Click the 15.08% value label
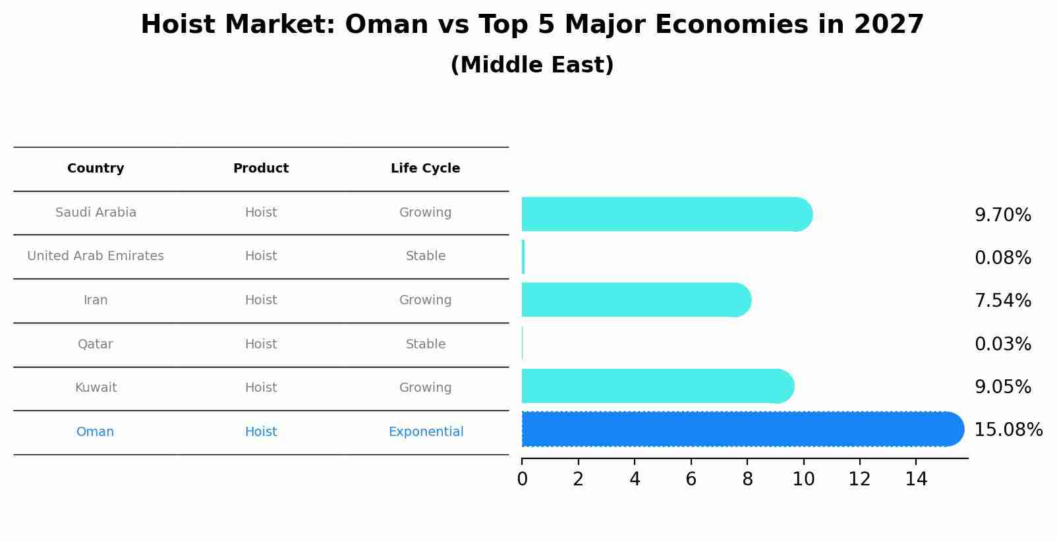(x=1008, y=430)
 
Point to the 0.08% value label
(x=1002, y=258)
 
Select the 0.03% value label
(x=1002, y=344)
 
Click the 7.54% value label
(x=1002, y=301)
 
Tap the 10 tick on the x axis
(x=803, y=479)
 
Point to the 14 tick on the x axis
(x=916, y=479)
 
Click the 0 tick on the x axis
(x=522, y=479)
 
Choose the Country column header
(x=96, y=169)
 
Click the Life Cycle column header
(x=425, y=169)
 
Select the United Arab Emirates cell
(x=96, y=256)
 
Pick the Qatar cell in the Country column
(x=96, y=344)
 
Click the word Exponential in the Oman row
(x=426, y=432)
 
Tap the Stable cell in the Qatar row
(x=426, y=344)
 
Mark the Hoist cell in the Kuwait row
(x=261, y=388)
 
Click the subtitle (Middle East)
(x=532, y=65)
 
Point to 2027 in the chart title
(x=889, y=25)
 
